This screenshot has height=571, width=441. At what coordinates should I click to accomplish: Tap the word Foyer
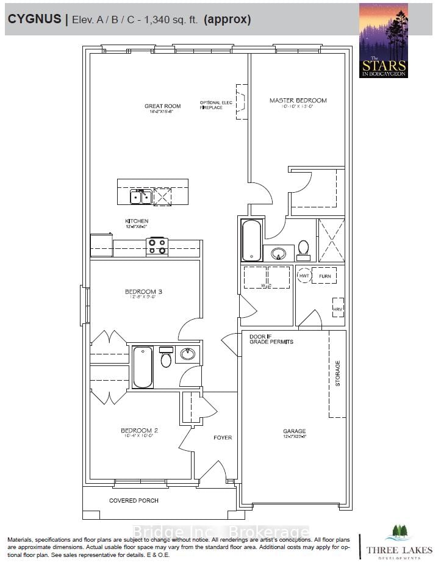223,437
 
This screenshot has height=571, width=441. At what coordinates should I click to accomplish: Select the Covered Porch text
134,501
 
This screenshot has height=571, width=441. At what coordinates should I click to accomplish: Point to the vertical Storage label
338,373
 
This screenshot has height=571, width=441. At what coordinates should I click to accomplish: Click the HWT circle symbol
304,276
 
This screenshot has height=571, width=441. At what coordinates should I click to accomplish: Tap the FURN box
324,276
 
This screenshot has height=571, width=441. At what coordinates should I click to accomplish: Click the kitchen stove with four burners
157,246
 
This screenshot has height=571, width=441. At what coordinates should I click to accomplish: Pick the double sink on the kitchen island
141,196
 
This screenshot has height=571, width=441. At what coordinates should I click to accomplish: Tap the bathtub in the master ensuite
252,240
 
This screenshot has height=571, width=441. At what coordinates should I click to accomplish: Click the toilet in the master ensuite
303,248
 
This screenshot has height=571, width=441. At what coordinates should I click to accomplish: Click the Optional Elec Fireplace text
216,105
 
